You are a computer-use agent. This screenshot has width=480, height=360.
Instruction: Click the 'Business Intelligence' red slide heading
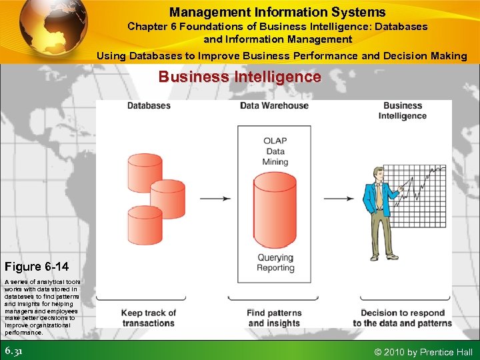click(239, 77)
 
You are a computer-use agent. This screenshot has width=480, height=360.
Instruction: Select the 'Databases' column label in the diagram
click(149, 105)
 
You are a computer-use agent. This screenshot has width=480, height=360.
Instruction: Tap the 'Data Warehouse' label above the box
click(274, 105)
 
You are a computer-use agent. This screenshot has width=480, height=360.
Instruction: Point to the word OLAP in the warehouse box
click(275, 141)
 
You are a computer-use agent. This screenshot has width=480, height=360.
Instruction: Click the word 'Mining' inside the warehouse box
click(275, 161)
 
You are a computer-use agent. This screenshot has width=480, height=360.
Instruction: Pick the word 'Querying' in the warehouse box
click(275, 257)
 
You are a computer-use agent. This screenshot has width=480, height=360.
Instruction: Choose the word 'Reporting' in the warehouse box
click(275, 268)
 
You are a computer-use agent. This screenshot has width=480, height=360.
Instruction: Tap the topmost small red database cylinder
click(144, 169)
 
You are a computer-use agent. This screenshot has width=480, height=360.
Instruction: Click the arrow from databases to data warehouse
click(215, 198)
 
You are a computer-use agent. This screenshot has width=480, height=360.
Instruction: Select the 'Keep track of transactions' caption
click(149, 318)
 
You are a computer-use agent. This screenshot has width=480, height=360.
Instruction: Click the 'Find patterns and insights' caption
click(275, 318)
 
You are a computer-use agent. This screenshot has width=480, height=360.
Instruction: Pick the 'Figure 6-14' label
click(37, 267)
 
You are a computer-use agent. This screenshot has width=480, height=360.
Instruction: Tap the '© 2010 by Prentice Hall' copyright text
click(423, 352)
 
